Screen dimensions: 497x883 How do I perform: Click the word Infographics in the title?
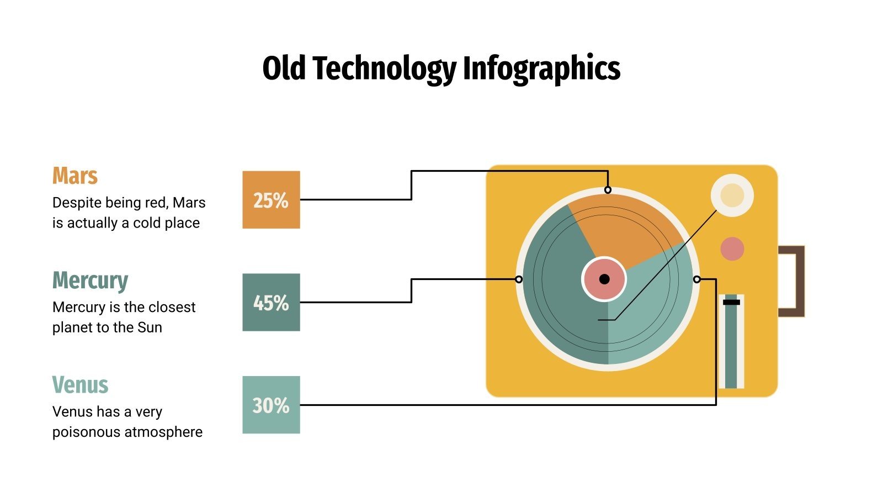pyautogui.click(x=541, y=69)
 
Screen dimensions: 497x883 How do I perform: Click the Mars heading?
pyautogui.click(x=75, y=176)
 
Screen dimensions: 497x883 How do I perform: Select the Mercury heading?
pyautogui.click(x=90, y=281)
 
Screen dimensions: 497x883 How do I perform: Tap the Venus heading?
pyautogui.click(x=80, y=385)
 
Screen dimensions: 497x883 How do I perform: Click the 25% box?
pyautogui.click(x=271, y=200)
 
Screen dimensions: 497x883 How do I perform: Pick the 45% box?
pyautogui.click(x=271, y=303)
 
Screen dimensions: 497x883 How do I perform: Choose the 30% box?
pyautogui.click(x=271, y=405)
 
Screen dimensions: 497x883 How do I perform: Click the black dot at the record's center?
pyautogui.click(x=604, y=279)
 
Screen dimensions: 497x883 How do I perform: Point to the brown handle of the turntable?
pyautogui.click(x=797, y=281)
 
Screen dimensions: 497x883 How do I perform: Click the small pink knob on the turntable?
pyautogui.click(x=732, y=248)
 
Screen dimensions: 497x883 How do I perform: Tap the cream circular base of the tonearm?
pyautogui.click(x=732, y=195)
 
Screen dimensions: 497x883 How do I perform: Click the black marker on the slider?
pyautogui.click(x=731, y=302)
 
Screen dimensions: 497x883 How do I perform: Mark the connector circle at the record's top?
pyautogui.click(x=608, y=190)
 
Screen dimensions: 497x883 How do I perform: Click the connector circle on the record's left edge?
pyautogui.click(x=519, y=279)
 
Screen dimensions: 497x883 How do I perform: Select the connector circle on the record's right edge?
pyautogui.click(x=696, y=279)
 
